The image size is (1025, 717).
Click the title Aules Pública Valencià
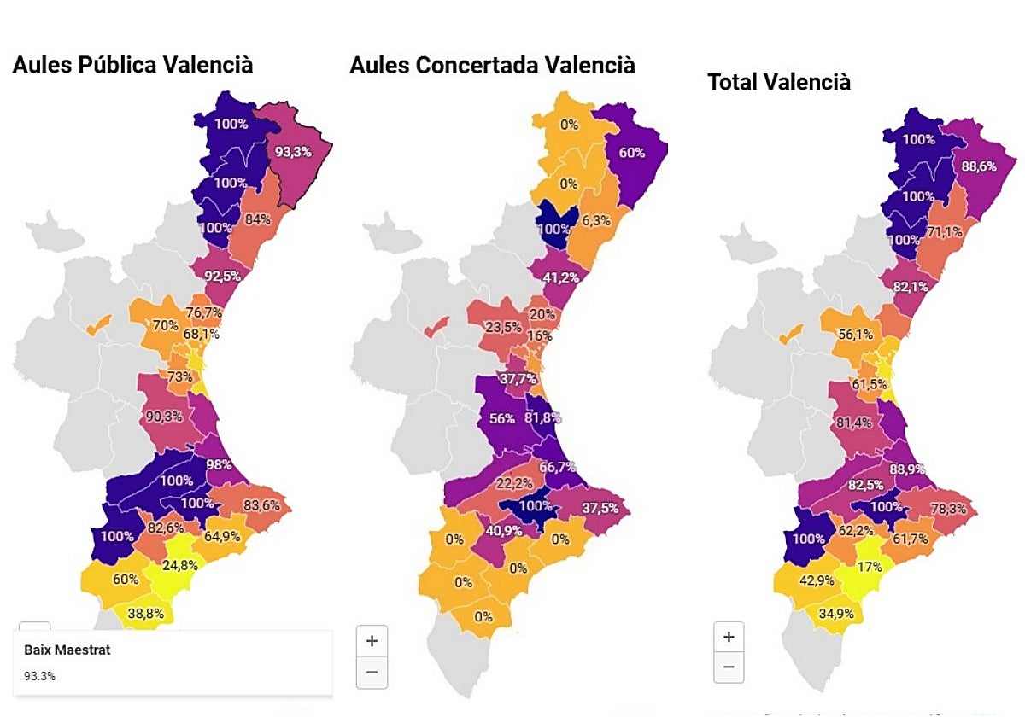pos(132,64)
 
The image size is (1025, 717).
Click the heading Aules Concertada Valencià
pos(492,65)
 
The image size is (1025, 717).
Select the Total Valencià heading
pos(779,82)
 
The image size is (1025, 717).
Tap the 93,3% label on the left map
pos(293,151)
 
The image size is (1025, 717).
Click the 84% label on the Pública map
pos(257,219)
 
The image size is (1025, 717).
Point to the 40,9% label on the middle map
pos(480,529)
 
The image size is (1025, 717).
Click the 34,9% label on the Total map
pos(830,614)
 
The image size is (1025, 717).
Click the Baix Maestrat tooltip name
pos(67,650)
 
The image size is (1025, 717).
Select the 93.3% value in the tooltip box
pos(40,676)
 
